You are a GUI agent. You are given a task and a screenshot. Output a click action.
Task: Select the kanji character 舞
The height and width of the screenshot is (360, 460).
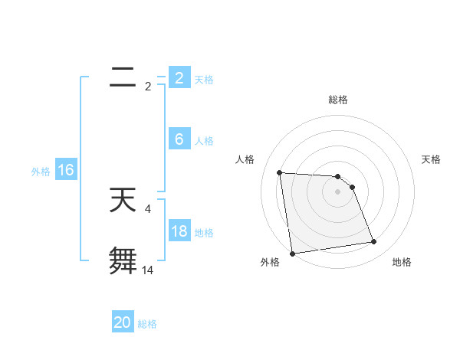tap(123, 260)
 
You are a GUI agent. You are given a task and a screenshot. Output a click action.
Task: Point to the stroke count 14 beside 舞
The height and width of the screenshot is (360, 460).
tap(148, 270)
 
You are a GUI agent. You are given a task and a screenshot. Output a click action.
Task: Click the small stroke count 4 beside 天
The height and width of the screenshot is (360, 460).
tap(147, 208)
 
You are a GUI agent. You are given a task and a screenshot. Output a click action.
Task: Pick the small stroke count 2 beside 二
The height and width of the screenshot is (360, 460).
tap(148, 87)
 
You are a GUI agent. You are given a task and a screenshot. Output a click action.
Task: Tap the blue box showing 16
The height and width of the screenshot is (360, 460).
tap(66, 170)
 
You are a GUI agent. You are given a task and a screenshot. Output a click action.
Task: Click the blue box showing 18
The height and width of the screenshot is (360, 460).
tap(179, 231)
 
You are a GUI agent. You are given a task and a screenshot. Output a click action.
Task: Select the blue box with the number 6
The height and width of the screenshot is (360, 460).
tap(179, 139)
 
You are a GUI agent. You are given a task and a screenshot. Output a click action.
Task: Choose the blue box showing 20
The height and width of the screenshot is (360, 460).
tap(123, 322)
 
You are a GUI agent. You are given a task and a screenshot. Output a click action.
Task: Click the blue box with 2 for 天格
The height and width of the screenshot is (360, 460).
tap(179, 78)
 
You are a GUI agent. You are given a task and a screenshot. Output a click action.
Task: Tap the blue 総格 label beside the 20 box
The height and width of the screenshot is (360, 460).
tap(147, 324)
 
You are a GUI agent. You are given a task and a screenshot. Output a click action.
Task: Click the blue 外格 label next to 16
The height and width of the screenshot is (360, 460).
tap(41, 172)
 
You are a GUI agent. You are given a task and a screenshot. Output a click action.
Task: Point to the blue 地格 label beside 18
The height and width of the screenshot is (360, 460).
tap(204, 233)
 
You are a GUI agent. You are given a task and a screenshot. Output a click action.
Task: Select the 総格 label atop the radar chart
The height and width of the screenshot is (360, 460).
tap(337, 100)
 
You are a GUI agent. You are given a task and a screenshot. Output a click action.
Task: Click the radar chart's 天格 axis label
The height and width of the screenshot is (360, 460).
tap(432, 159)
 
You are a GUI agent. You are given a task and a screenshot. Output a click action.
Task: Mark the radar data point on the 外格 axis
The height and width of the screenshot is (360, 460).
tap(292, 254)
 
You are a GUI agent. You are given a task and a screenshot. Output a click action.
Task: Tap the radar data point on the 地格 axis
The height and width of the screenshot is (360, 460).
tap(373, 242)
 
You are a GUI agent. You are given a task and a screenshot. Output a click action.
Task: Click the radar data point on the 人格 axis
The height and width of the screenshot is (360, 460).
tap(279, 172)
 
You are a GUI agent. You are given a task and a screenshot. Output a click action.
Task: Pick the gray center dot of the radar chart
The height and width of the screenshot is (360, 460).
tap(337, 191)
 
